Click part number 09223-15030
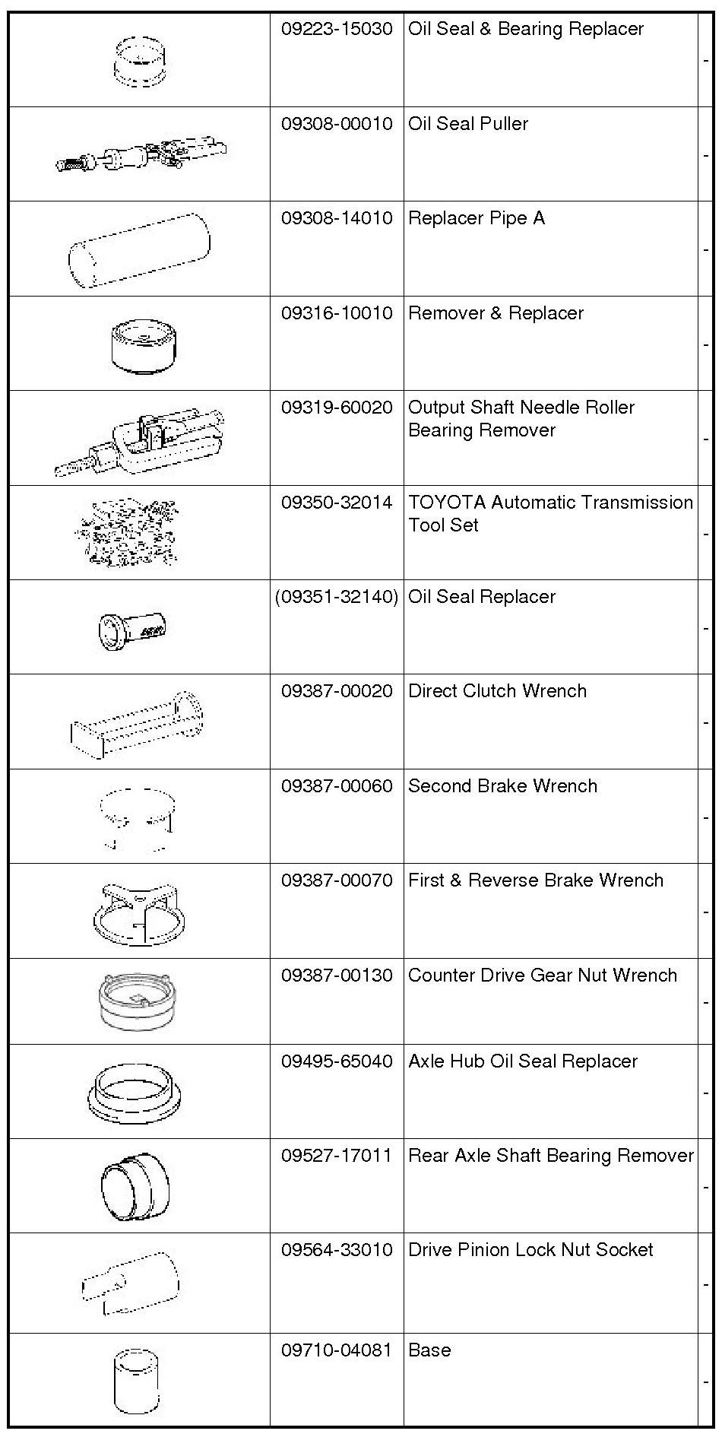[337, 29]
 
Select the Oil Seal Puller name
[468, 124]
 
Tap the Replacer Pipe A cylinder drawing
[139, 249]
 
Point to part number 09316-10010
[337, 313]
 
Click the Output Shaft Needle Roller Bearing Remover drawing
[141, 441]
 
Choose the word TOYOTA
[447, 503]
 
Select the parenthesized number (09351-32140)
[337, 597]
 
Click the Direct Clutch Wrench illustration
[138, 725]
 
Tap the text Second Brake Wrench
[502, 786]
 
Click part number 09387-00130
[337, 976]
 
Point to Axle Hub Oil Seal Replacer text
[523, 1061]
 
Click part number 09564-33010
[337, 1250]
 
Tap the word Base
[429, 1350]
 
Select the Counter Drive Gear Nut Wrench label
[543, 976]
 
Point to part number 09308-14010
[337, 219]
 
